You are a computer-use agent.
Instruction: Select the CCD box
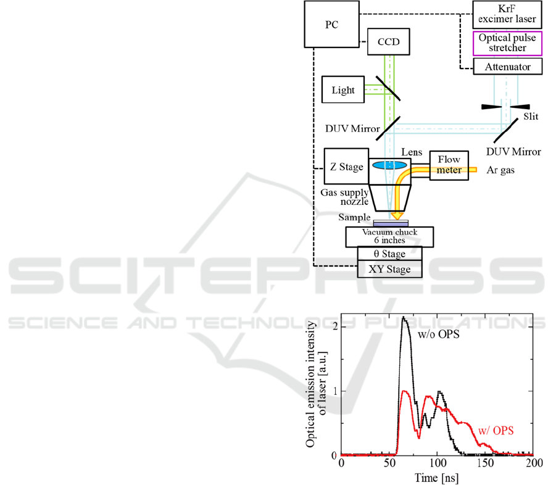(388, 42)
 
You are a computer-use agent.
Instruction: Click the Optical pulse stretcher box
(508, 43)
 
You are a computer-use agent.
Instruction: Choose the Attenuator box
(508, 66)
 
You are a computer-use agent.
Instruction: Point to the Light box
(343, 90)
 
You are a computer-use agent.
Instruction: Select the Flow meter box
(449, 165)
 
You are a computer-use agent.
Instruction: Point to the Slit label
(530, 115)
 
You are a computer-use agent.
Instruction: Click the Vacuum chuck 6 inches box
(389, 236)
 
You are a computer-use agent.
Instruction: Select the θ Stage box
(389, 254)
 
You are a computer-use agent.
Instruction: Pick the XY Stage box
(389, 270)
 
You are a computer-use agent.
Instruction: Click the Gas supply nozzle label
(344, 197)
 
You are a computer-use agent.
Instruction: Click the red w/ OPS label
(496, 429)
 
